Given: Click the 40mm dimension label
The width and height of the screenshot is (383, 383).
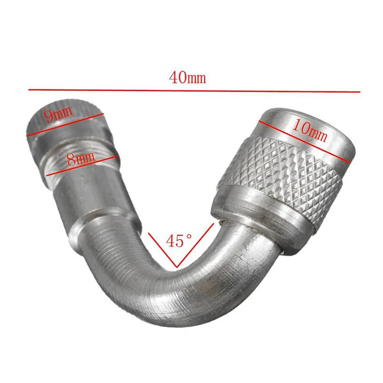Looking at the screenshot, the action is point(187,77).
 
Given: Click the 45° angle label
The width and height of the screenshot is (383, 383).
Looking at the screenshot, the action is point(179,241).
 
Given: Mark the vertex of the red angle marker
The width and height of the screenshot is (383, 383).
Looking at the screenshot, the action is point(177,267).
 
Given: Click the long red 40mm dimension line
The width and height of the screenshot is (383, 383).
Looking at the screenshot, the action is point(194,91).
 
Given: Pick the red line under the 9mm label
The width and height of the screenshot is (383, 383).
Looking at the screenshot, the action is point(65,124).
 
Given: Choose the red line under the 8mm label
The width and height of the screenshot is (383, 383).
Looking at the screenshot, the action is point(82,165).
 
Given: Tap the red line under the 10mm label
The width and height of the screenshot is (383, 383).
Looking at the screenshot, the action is point(304,141).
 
